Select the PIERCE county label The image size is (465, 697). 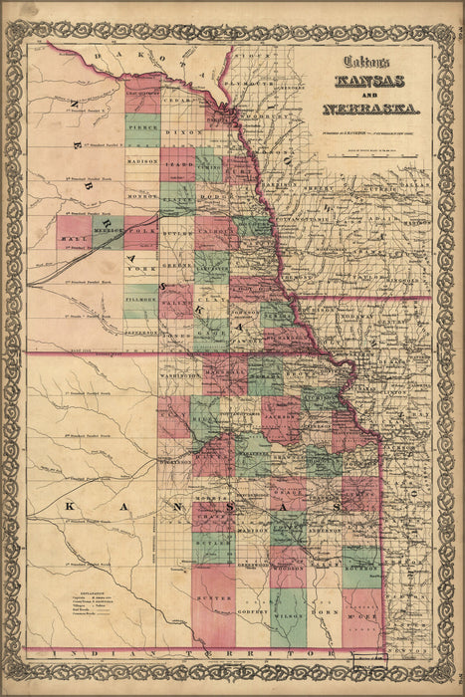click(x=142, y=127)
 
